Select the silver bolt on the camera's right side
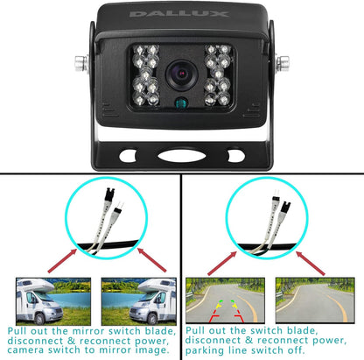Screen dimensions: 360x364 284,63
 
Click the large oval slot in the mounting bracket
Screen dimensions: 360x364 182,157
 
